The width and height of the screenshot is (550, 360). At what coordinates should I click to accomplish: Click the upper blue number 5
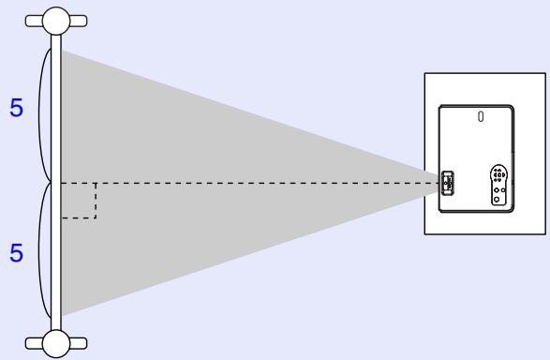pyautogui.click(x=16, y=109)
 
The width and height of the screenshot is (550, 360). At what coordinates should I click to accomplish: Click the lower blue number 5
pyautogui.click(x=16, y=254)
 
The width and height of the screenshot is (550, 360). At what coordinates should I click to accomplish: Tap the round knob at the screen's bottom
pyautogui.click(x=57, y=342)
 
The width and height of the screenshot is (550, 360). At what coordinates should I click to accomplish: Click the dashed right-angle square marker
pyautogui.click(x=79, y=201)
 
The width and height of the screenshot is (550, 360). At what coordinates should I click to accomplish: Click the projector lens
pyautogui.click(x=446, y=183)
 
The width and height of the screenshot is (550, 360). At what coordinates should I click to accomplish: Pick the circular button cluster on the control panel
pyautogui.click(x=498, y=174)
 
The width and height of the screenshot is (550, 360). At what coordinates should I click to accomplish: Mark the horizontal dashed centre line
pyautogui.click(x=262, y=184)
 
